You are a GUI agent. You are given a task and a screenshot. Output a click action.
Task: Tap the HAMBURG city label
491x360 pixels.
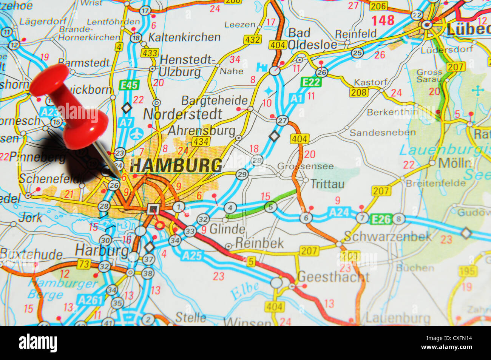(x=176, y=165)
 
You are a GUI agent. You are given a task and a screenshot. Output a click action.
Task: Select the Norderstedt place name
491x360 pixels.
(x=182, y=114)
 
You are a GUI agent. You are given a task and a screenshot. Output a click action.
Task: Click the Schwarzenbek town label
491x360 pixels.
(x=388, y=236)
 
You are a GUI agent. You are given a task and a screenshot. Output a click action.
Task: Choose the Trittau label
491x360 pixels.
(x=327, y=184)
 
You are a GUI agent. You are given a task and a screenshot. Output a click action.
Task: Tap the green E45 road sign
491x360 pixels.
(x=129, y=85)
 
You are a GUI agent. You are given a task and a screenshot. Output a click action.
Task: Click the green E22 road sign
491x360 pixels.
(x=311, y=82)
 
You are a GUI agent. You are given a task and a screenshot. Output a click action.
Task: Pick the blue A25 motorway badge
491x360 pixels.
(x=191, y=256)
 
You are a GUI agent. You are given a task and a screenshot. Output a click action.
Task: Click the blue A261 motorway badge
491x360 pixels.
(x=90, y=300)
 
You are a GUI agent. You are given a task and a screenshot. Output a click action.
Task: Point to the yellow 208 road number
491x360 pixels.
(x=358, y=92)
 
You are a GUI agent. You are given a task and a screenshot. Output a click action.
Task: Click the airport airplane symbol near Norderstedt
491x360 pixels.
(x=136, y=133)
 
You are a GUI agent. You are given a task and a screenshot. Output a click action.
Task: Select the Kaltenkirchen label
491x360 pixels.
(x=184, y=37)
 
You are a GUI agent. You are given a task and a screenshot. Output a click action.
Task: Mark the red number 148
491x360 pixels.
(x=383, y=20)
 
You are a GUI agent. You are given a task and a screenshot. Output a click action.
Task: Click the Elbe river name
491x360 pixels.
(x=245, y=291)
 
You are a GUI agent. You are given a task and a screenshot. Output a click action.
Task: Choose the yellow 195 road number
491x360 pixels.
(x=467, y=271)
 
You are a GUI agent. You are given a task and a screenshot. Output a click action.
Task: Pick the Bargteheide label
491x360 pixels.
(x=215, y=100)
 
